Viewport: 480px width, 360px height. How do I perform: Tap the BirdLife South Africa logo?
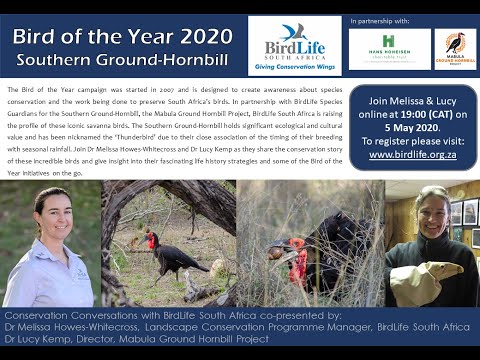coord(294,45)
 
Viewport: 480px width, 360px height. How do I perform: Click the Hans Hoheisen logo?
coord(390,48)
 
